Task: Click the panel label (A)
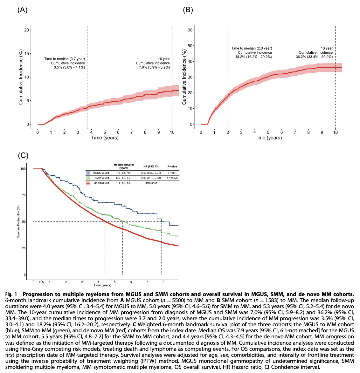[x=22, y=10]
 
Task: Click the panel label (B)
[x=188, y=10]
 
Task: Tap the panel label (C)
[x=23, y=155]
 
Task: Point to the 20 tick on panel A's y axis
[x=27, y=30]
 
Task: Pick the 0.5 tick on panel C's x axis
[x=41, y=282]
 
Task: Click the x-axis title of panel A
[x=105, y=138]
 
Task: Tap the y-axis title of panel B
[x=184, y=77]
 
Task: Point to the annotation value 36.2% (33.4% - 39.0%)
[x=314, y=57]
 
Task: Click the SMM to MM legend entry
[x=102, y=178]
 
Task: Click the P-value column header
[x=172, y=166]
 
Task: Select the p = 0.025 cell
[x=172, y=178]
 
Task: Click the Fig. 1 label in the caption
[x=12, y=293]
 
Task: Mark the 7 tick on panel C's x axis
[x=147, y=282]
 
